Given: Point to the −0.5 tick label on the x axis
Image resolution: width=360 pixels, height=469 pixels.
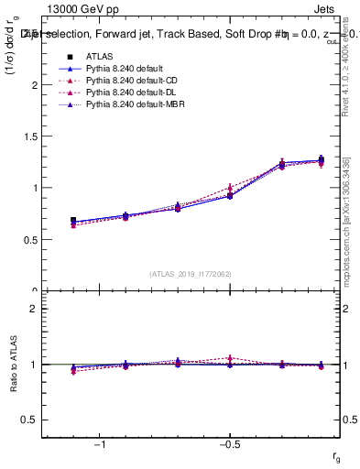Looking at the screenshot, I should click(x=228, y=444).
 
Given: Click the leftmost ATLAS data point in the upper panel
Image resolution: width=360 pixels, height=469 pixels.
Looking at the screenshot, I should click(x=73, y=221).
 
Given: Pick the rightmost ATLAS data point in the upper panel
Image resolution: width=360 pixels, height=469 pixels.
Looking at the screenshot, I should click(x=321, y=159).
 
